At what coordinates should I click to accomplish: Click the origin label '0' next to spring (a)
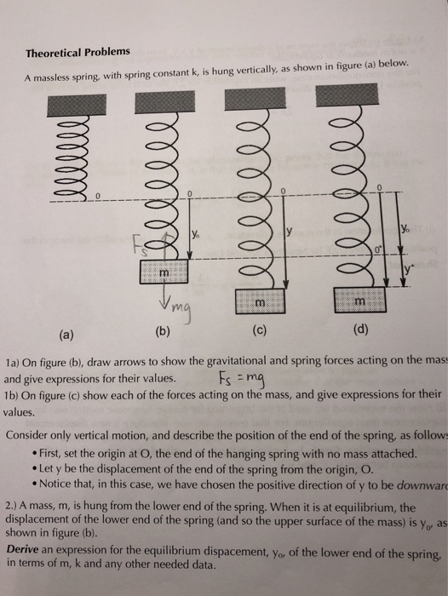pos(97,197)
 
